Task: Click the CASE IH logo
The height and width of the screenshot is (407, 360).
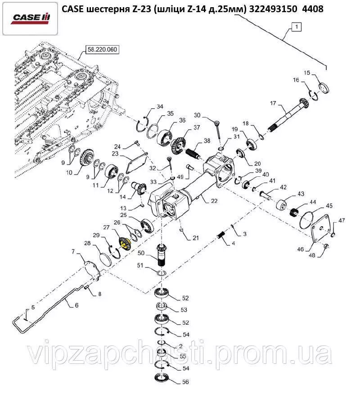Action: (x=31, y=18)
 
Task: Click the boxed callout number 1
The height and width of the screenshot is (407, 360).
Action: (x=296, y=27)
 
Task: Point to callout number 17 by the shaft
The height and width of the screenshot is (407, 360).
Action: (x=273, y=104)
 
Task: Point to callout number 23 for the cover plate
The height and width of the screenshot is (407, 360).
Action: (x=115, y=153)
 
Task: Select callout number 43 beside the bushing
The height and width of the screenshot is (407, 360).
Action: (x=301, y=195)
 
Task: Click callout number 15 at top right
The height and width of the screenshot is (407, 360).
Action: (x=306, y=72)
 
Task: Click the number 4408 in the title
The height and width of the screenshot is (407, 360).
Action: (x=313, y=9)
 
